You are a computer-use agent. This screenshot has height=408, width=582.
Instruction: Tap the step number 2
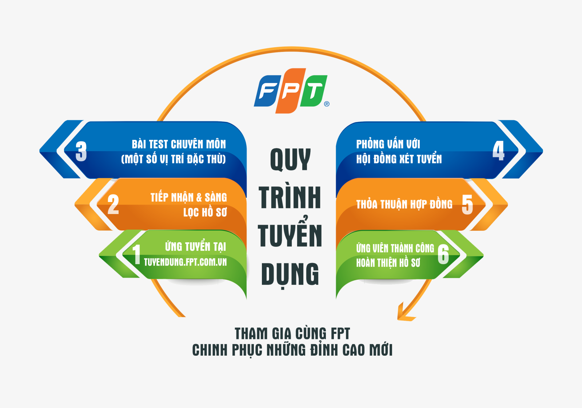113,205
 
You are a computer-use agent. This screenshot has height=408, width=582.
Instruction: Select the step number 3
81,151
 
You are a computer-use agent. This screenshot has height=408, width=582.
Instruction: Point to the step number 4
498,150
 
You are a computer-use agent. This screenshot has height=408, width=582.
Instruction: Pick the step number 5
467,205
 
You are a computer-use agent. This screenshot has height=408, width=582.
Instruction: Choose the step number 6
443,254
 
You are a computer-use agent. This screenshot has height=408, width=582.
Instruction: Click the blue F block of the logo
268,91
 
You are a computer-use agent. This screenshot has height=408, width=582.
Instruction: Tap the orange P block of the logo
291,91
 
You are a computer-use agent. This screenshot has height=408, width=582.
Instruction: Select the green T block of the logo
314,91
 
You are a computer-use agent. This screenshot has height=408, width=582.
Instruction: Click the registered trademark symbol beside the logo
327,104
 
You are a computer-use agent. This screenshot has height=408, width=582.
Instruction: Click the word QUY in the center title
291,159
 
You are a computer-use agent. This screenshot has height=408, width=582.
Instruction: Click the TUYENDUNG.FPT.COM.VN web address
185,262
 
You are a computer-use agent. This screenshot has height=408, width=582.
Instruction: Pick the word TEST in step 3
159,144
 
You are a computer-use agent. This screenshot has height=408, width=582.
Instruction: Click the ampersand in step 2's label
199,198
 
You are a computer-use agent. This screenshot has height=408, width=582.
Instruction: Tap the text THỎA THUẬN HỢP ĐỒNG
404,204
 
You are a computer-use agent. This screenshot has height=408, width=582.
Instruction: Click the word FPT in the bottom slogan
340,334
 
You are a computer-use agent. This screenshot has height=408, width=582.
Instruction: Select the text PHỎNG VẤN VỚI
388,144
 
